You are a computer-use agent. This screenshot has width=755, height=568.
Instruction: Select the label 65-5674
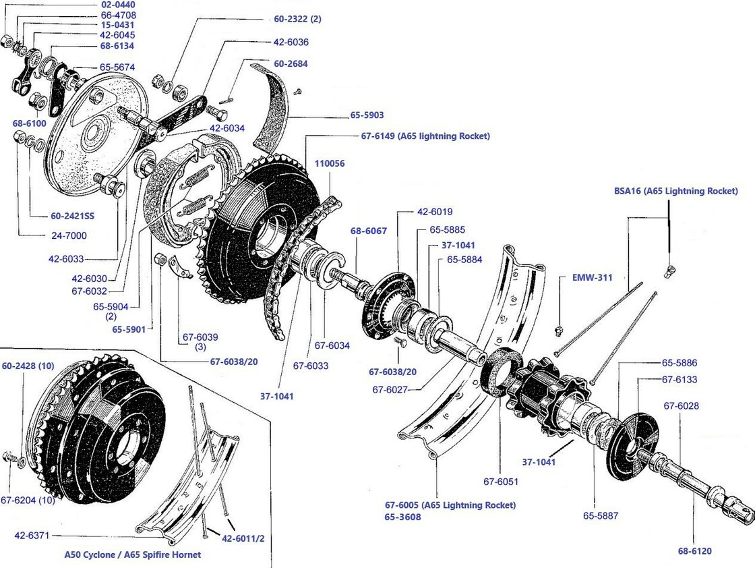(x=117, y=67)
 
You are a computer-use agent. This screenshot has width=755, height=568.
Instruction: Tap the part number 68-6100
(x=29, y=123)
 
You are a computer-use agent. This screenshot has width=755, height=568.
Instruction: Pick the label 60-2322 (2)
(x=297, y=19)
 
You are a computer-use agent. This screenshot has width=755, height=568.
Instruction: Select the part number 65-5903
(x=367, y=115)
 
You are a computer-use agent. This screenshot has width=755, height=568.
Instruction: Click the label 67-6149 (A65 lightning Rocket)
(x=425, y=136)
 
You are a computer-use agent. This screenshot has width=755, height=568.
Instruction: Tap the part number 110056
(x=330, y=163)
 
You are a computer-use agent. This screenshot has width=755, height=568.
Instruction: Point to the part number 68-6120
(x=694, y=551)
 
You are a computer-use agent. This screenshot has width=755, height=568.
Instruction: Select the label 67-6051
(x=500, y=482)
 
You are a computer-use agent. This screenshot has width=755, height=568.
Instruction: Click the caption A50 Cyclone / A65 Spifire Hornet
(x=132, y=555)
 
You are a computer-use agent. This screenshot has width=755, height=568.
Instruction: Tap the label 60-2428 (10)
(x=28, y=366)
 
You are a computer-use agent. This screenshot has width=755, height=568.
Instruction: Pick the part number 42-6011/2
(x=244, y=538)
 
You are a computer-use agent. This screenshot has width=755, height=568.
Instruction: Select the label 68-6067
(x=368, y=231)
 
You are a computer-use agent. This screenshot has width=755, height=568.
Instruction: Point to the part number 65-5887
(x=601, y=516)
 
